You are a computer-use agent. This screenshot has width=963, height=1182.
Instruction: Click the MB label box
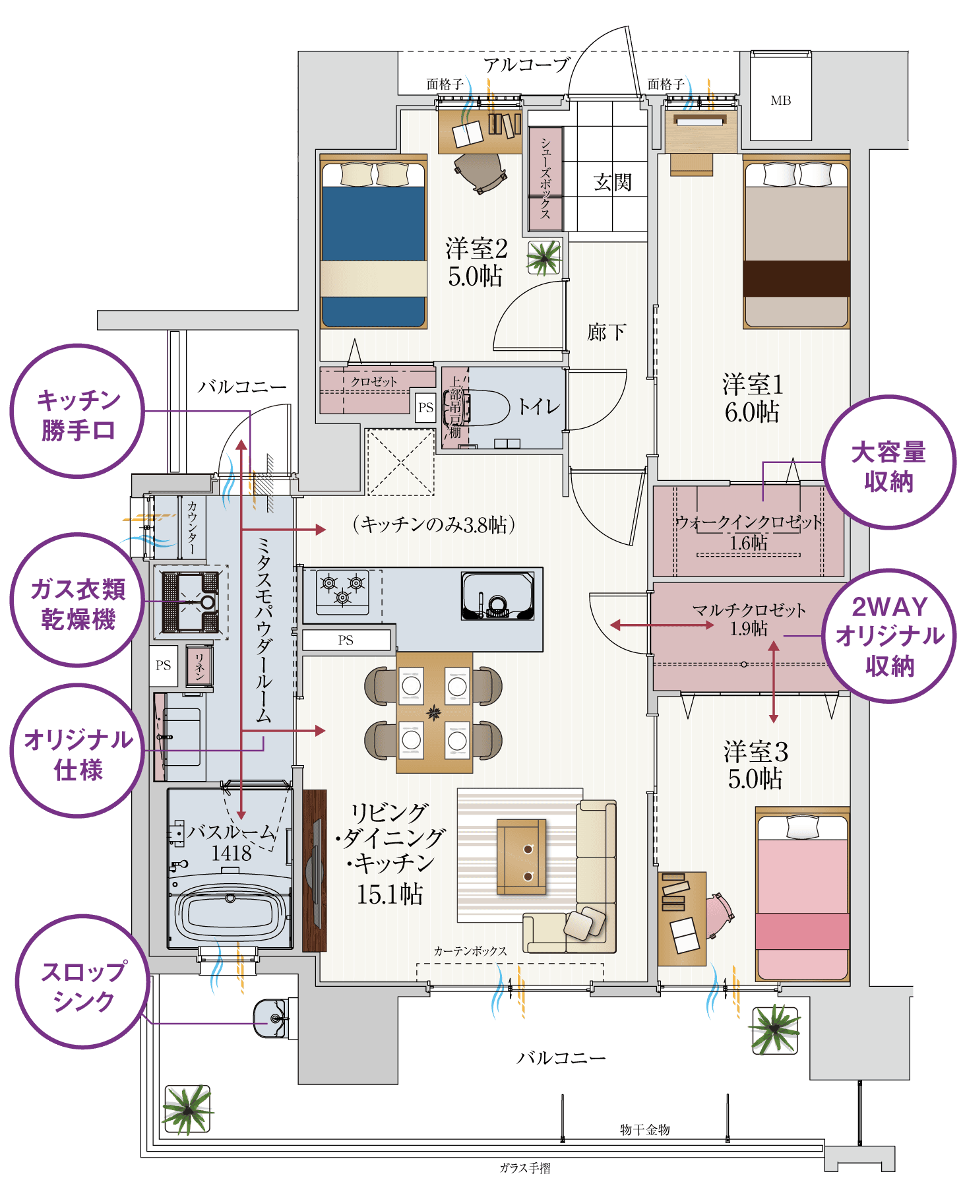coord(781,100)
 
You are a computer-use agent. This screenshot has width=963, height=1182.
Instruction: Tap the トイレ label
coord(538,406)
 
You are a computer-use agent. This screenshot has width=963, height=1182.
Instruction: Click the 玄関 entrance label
coord(612,182)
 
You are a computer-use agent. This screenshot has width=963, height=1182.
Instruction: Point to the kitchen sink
coord(497,596)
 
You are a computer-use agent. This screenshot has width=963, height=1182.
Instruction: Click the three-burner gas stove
coord(342,590)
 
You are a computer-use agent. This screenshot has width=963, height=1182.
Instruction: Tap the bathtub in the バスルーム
coord(230,914)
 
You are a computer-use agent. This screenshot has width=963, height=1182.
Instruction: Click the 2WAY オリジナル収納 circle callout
coord(889,636)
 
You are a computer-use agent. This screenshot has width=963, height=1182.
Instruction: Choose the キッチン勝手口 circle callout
coord(78,414)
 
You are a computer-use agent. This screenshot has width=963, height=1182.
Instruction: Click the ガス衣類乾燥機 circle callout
coord(78,604)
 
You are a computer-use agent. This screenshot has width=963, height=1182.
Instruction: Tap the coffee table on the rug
coord(521,857)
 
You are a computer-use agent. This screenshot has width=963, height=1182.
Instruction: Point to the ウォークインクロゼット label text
coord(749,523)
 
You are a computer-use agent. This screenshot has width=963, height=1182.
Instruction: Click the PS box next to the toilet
coord(426,408)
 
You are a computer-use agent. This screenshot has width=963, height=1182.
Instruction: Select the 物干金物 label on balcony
coord(644,1129)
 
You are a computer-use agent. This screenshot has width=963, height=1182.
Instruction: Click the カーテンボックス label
coord(470,950)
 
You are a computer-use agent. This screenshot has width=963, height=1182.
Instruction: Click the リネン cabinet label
coord(199,667)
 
